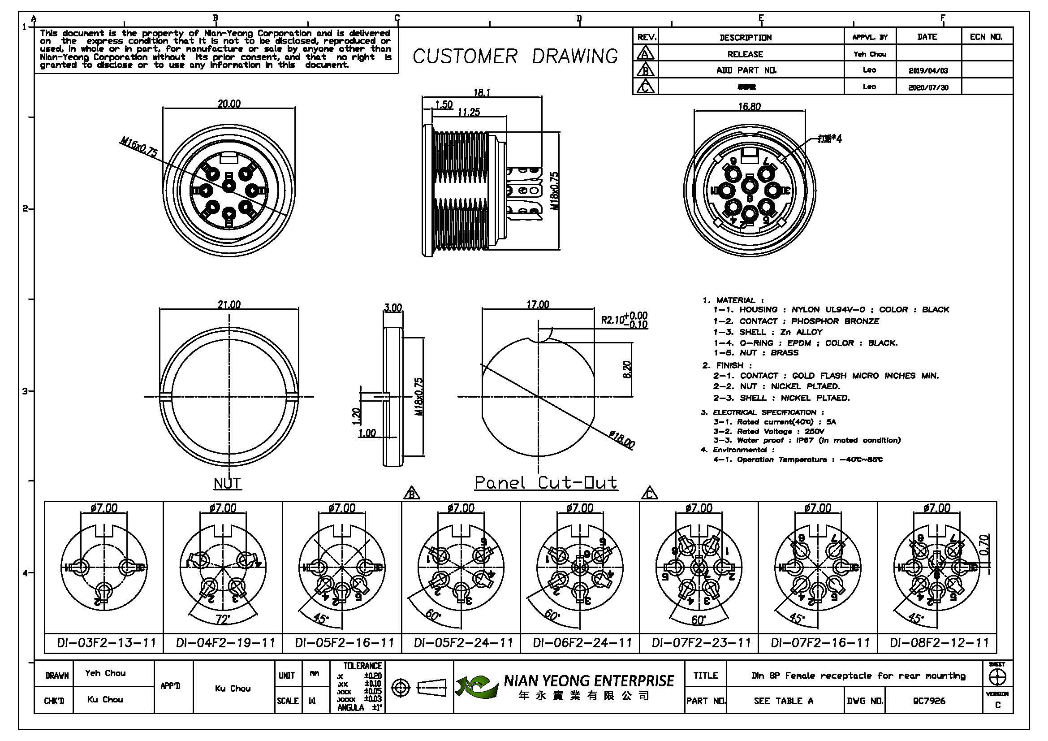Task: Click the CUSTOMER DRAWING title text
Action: tap(515, 56)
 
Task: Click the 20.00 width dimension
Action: tap(229, 104)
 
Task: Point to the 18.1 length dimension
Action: tap(482, 93)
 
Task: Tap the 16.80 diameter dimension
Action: tap(750, 106)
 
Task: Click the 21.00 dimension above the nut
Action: tap(229, 304)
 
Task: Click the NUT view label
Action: tap(227, 483)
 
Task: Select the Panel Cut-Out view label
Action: tap(546, 483)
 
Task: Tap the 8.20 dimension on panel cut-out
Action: tap(627, 369)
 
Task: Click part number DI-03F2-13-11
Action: tap(106, 643)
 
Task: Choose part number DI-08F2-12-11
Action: tap(940, 643)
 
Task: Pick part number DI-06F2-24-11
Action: tap(582, 643)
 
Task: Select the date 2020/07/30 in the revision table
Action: tap(928, 87)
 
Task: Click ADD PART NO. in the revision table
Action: tap(746, 70)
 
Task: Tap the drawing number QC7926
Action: tap(929, 701)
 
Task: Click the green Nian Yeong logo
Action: tap(476, 687)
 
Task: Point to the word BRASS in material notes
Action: tap(784, 352)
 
